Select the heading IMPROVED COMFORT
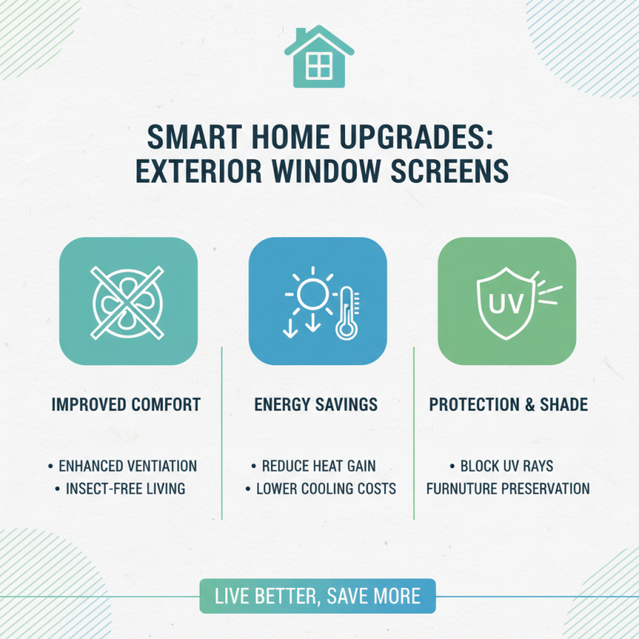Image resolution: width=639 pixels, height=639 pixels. [126, 405]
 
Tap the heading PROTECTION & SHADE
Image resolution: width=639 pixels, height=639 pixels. [508, 405]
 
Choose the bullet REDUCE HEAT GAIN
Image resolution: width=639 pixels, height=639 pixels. [318, 466]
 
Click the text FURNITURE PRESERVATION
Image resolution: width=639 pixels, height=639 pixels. [508, 488]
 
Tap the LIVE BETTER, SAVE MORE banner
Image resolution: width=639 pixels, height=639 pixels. [318, 596]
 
